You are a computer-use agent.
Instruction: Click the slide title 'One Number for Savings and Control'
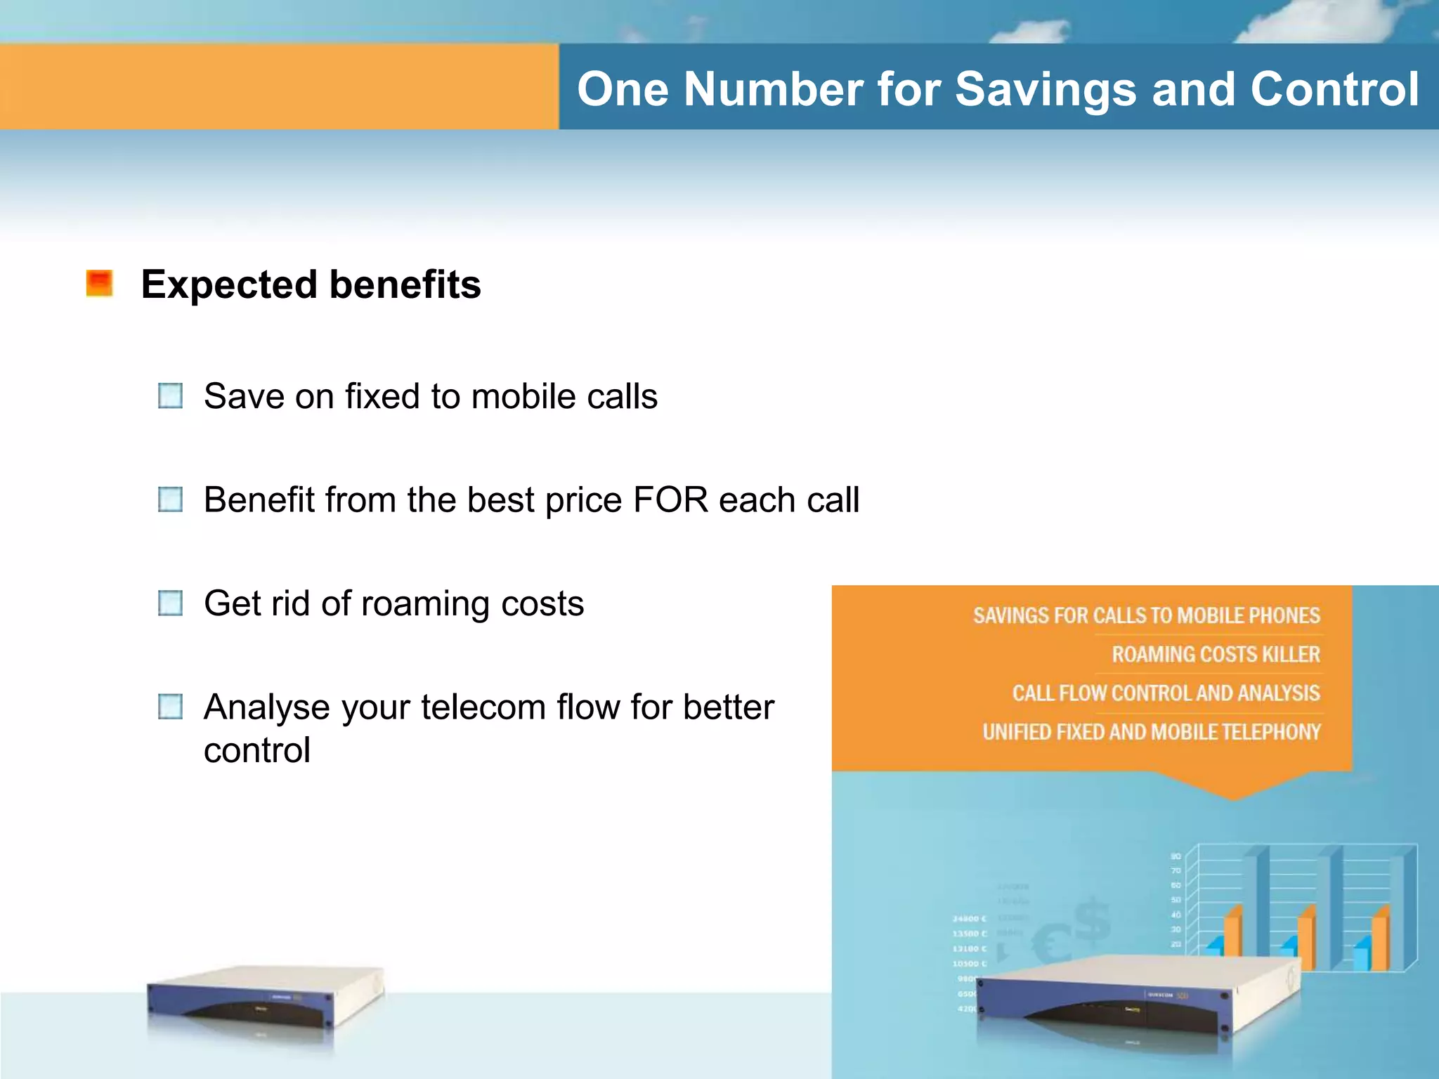[998, 89]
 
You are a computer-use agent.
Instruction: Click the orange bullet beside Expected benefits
[99, 284]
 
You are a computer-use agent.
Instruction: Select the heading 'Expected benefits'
[311, 285]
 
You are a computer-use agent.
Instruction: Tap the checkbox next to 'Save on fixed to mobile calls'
[171, 395]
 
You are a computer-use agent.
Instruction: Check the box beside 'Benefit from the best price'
[171, 499]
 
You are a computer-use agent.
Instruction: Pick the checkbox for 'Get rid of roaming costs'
[171, 603]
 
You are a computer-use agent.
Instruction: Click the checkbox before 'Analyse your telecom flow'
[171, 707]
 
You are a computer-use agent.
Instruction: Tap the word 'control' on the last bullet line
[257, 750]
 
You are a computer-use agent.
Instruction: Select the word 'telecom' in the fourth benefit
[483, 707]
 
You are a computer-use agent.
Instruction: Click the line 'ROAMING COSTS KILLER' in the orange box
[1216, 655]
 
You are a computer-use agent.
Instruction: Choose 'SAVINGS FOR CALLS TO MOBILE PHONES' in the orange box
[1146, 616]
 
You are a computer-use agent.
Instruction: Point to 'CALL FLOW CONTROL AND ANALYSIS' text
[1166, 693]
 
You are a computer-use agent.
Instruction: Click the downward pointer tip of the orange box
[1233, 797]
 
